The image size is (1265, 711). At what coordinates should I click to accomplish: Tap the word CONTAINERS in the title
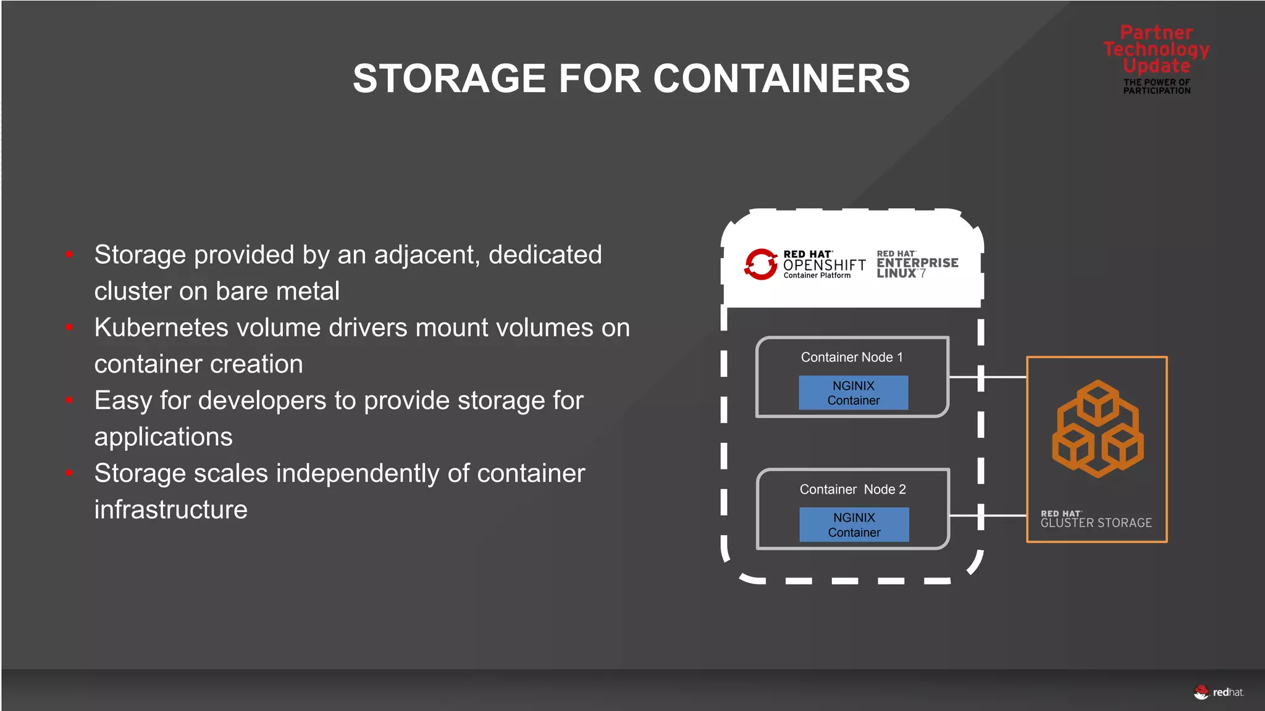point(781,79)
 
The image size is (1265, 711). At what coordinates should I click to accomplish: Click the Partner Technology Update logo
point(1156,59)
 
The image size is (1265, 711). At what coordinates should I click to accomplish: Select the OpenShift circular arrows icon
point(760,264)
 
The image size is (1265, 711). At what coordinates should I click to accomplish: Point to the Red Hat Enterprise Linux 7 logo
point(917,264)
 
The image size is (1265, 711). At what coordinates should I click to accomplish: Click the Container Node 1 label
point(852,357)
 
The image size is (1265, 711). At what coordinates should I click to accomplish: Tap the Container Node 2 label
point(852,489)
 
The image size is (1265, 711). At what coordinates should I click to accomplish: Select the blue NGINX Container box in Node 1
point(854,393)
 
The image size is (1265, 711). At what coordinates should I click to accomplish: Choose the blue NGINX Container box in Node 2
point(854,525)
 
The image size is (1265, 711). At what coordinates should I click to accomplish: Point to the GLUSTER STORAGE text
point(1096,523)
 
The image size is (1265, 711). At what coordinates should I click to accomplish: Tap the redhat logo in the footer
point(1219,692)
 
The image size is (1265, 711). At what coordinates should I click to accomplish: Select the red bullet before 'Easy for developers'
point(70,400)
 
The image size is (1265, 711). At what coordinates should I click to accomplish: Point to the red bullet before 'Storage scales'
point(70,473)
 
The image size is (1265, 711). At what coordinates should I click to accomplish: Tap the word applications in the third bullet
point(163,437)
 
